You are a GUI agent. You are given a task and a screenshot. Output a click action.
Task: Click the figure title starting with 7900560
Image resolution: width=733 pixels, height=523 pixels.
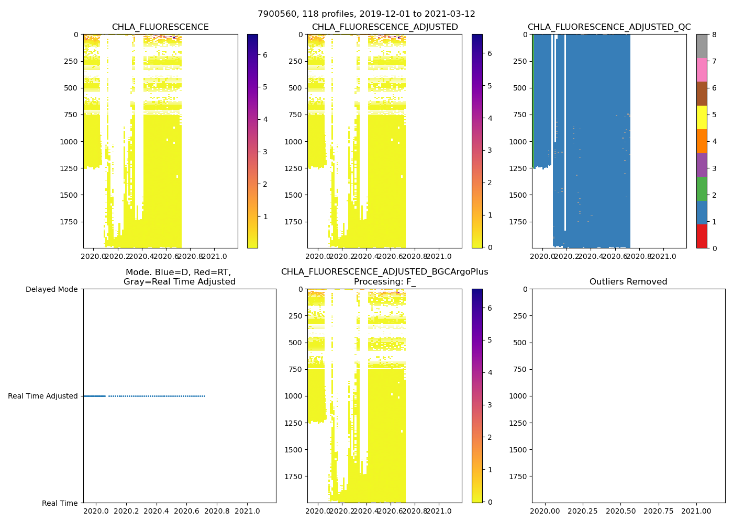pyautogui.click(x=366, y=14)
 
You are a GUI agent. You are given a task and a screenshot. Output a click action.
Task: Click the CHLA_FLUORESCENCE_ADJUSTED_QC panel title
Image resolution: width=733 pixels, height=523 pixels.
pyautogui.click(x=609, y=27)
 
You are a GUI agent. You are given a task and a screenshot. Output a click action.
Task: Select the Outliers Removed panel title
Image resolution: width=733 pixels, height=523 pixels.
pyautogui.click(x=628, y=282)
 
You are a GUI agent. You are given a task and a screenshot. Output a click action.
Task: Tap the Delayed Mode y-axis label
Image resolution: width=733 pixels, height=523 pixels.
pyautogui.click(x=51, y=289)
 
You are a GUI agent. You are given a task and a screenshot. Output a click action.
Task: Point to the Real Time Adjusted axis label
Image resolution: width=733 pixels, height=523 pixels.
pyautogui.click(x=43, y=396)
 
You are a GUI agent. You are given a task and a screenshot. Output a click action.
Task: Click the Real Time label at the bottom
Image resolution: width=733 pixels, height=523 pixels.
pyautogui.click(x=60, y=503)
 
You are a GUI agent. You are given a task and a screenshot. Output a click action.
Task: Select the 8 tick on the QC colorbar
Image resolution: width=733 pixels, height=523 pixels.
pyautogui.click(x=714, y=35)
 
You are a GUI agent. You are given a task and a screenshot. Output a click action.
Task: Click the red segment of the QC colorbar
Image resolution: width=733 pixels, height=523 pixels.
pyautogui.click(x=702, y=236)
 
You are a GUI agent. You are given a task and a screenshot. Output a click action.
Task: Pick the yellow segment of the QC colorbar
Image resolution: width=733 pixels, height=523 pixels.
pyautogui.click(x=702, y=117)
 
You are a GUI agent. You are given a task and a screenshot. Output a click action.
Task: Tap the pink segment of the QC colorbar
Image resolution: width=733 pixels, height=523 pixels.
pyautogui.click(x=702, y=70)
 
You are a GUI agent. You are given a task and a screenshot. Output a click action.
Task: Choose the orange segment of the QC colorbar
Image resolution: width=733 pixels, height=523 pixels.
pyautogui.click(x=702, y=141)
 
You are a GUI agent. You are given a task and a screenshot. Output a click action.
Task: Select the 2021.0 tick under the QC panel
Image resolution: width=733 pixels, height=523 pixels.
pyautogui.click(x=664, y=256)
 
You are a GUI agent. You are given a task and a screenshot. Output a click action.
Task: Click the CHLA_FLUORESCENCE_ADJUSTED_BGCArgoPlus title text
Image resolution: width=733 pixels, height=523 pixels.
pyautogui.click(x=384, y=272)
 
